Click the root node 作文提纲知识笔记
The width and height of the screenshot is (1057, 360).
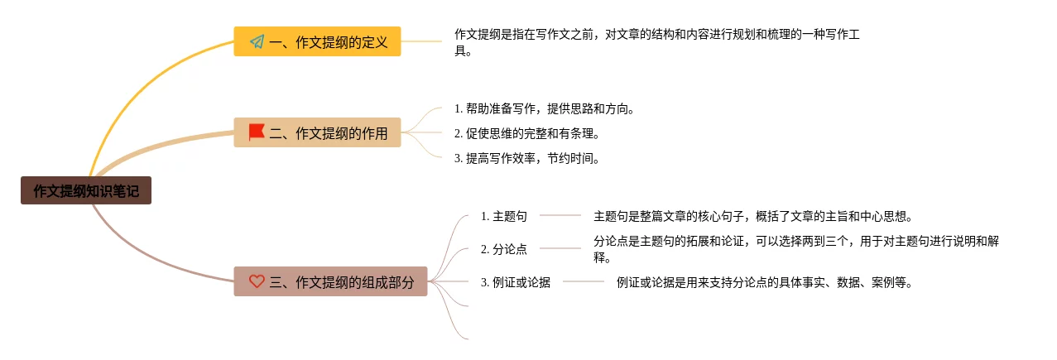[86, 191]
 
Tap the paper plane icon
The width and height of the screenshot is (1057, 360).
[257, 41]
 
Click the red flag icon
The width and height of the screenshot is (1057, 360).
[257, 132]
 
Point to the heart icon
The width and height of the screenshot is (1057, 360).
[257, 281]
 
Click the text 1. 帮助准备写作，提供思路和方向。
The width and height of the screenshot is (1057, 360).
[544, 108]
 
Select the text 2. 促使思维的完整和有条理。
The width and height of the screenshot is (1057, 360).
[526, 133]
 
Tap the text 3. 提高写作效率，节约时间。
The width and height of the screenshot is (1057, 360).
[526, 158]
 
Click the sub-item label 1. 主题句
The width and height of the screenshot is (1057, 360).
[503, 216]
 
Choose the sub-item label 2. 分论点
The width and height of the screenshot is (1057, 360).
[503, 248]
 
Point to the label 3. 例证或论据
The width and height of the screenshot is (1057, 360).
[515, 282]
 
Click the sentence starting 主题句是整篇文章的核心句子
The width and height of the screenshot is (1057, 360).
[752, 216]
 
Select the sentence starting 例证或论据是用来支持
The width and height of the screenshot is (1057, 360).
[764, 282]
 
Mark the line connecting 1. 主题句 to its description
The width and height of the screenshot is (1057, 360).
[560, 215]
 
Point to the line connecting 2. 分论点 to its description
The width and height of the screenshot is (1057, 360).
[560, 247]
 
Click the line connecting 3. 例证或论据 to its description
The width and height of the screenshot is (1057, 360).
[584, 281]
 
